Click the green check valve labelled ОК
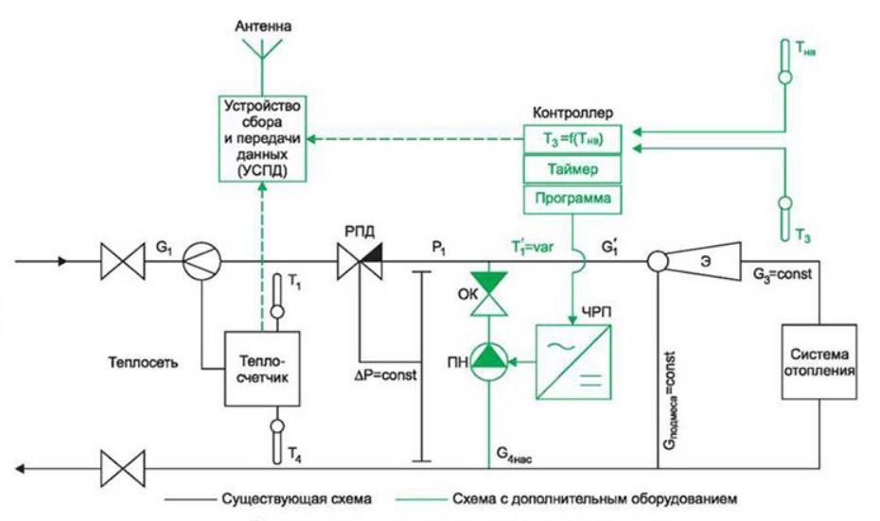490,294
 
